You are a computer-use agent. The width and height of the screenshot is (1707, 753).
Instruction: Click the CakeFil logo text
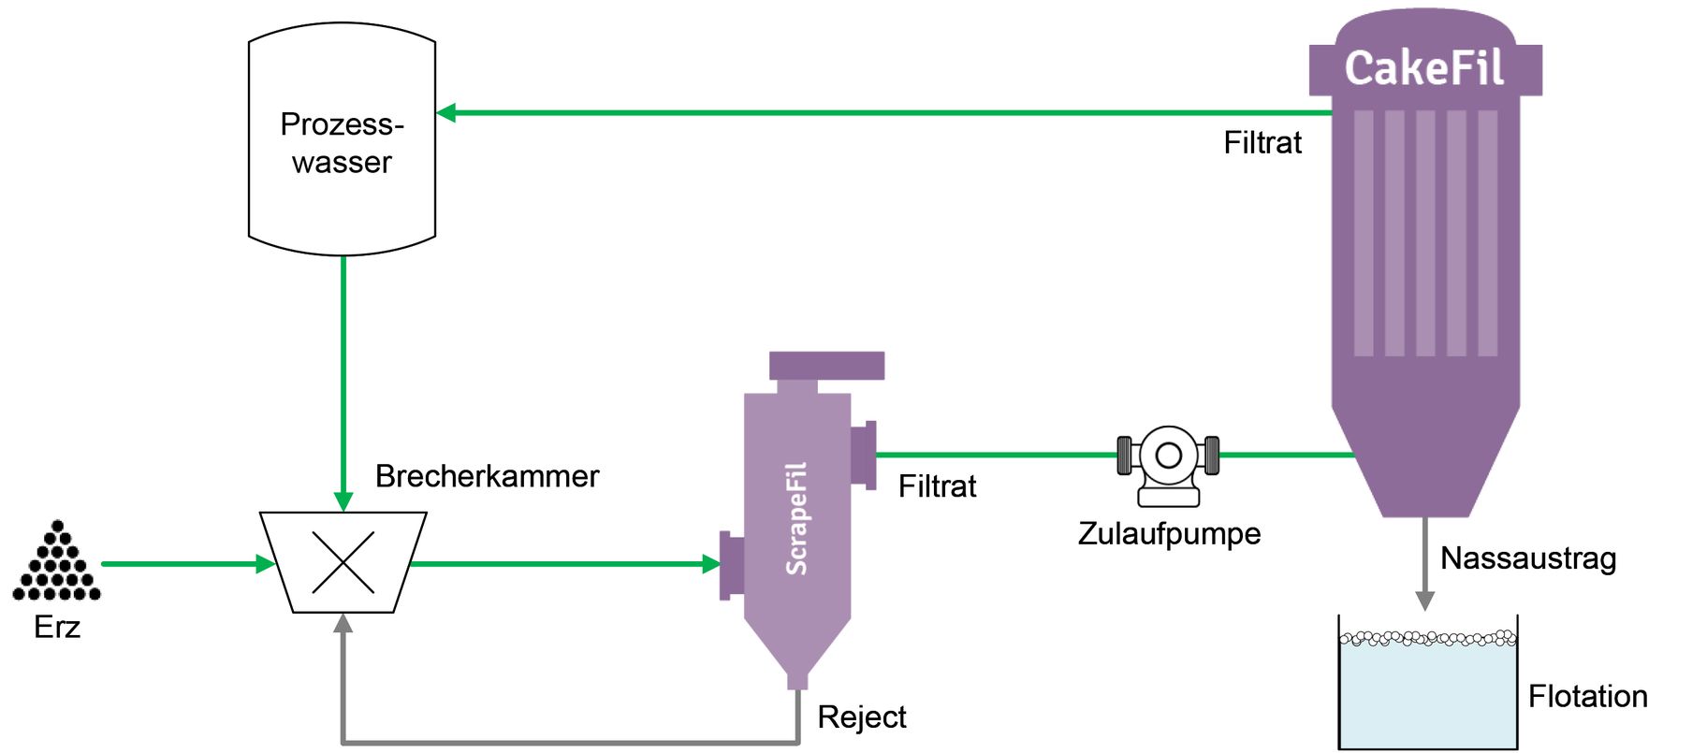pyautogui.click(x=1423, y=68)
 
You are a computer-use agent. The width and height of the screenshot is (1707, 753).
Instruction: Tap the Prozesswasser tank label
pyautogui.click(x=342, y=143)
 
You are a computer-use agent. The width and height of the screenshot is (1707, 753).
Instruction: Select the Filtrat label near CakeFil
pyautogui.click(x=1262, y=143)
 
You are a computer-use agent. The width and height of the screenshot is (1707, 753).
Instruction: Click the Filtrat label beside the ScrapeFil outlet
pyautogui.click(x=937, y=486)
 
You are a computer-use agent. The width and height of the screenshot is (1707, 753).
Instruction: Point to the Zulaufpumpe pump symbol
pyautogui.click(x=1168, y=462)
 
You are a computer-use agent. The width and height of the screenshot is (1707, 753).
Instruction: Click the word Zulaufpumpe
pyautogui.click(x=1169, y=534)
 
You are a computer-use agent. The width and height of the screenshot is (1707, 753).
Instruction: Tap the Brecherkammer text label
pyautogui.click(x=487, y=476)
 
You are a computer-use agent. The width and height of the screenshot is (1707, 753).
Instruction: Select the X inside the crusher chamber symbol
pyautogui.click(x=343, y=563)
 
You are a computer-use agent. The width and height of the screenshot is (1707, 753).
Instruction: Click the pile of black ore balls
pyautogui.click(x=57, y=563)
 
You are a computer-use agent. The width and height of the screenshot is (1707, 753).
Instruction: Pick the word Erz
pyautogui.click(x=57, y=627)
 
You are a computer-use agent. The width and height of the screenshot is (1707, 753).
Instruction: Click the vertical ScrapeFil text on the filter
pyautogui.click(x=796, y=519)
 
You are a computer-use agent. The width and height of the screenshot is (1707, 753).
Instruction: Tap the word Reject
pyautogui.click(x=861, y=717)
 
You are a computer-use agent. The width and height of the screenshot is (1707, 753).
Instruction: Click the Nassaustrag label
pyautogui.click(x=1527, y=558)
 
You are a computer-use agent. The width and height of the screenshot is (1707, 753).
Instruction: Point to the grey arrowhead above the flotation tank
pyautogui.click(x=1424, y=600)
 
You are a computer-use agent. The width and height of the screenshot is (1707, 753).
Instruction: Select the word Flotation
pyautogui.click(x=1587, y=697)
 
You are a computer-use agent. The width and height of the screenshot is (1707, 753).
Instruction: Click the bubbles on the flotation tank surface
pyautogui.click(x=1427, y=639)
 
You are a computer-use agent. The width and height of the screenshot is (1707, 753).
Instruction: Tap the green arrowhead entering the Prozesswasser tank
pyautogui.click(x=447, y=113)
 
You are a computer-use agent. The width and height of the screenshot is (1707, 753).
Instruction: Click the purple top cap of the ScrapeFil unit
pyautogui.click(x=826, y=365)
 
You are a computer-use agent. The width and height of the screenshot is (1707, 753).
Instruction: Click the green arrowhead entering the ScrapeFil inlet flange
pyautogui.click(x=711, y=564)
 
